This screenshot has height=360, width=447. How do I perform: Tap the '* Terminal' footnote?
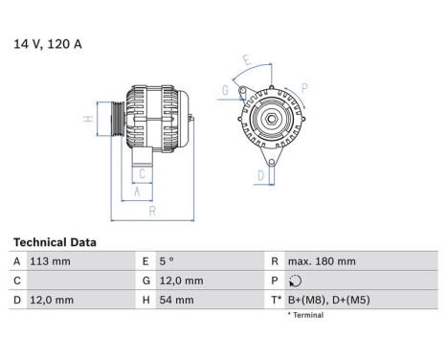pos(307,314)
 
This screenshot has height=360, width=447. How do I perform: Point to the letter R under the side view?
pos(152,211)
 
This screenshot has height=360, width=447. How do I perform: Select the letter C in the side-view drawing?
pos(142,173)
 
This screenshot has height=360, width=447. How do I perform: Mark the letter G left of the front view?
pos(225,91)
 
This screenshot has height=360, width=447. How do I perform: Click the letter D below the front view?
pos(261,174)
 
